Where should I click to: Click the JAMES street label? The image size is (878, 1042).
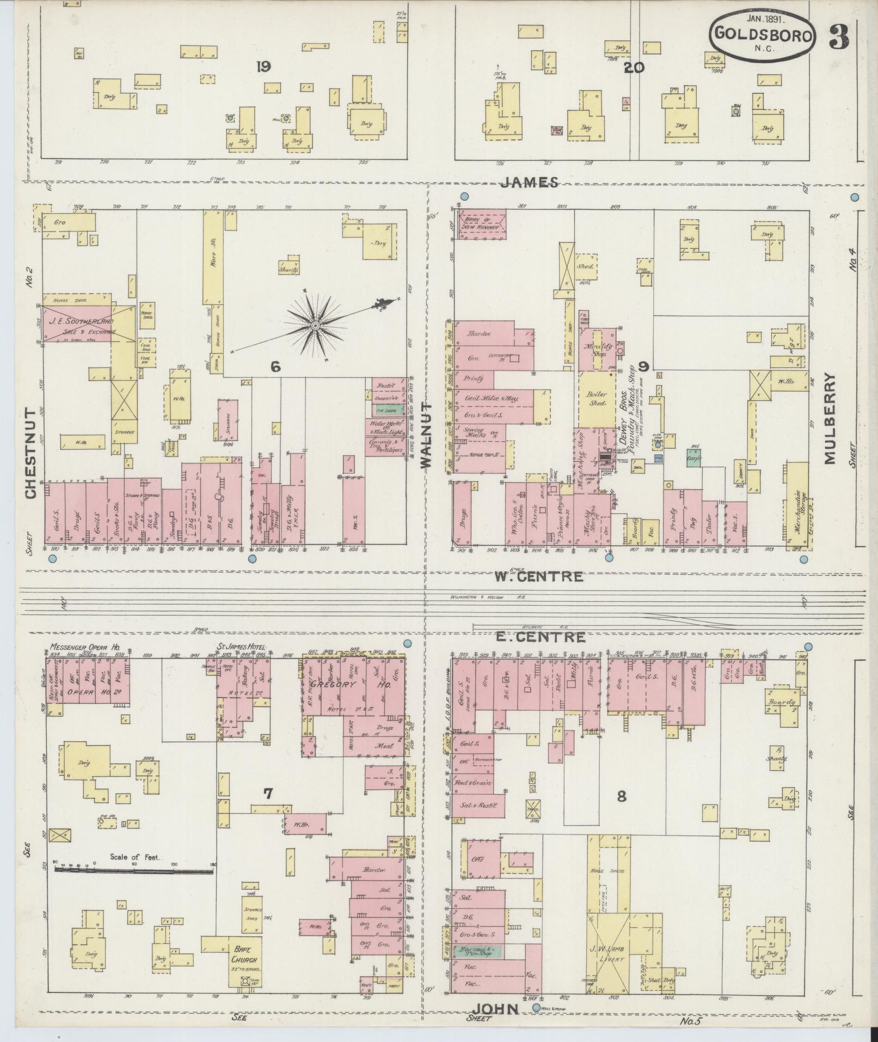point(530,182)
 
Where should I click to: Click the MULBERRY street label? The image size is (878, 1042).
point(829,418)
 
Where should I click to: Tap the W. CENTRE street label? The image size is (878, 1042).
point(538,576)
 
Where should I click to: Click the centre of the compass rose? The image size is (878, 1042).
point(315,326)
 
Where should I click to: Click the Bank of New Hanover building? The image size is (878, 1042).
point(482,223)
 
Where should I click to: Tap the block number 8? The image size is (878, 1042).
point(621,796)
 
